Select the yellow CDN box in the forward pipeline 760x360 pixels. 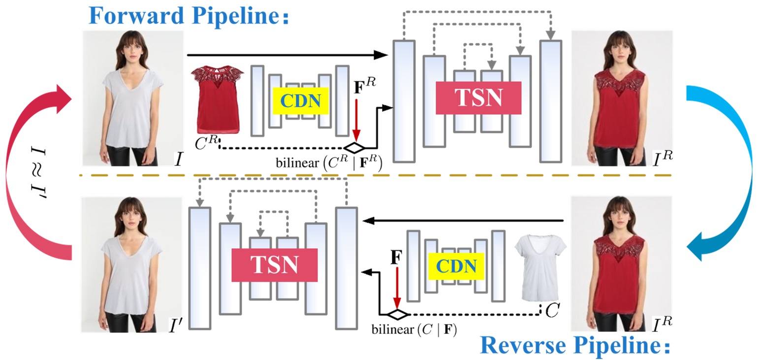[x=301, y=101]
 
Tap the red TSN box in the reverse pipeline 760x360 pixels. [x=274, y=265]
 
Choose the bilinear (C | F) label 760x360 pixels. [x=414, y=329]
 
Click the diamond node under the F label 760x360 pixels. [x=396, y=314]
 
